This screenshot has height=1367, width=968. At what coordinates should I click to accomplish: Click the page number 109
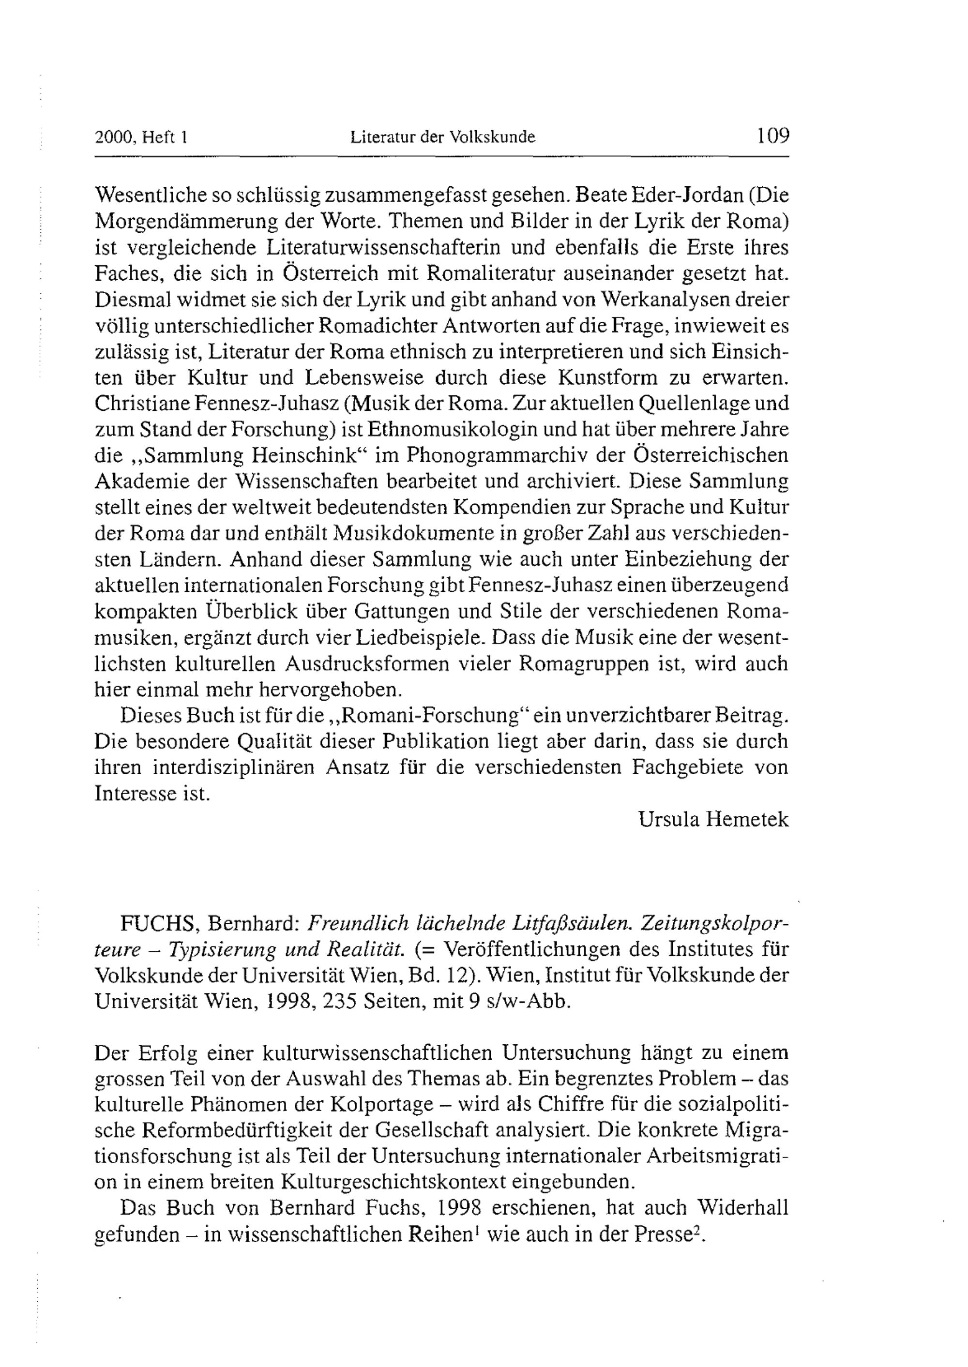[772, 136]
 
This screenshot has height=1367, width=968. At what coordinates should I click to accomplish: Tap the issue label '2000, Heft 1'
[141, 137]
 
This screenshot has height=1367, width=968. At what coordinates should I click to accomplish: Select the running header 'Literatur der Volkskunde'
[443, 137]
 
